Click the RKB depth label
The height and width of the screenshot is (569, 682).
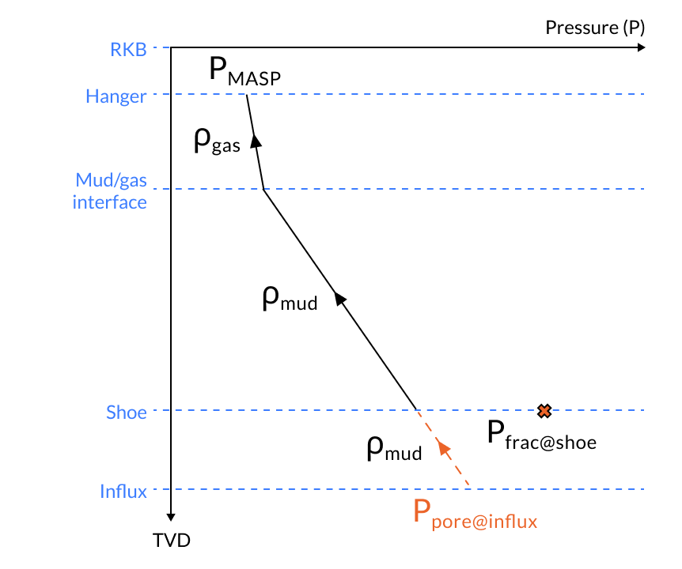pos(128,49)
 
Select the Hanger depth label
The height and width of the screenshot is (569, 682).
pos(116,97)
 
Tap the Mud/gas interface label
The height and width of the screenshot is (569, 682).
pos(110,190)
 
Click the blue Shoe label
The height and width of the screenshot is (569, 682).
pos(127,412)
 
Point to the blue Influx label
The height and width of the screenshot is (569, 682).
pos(123,491)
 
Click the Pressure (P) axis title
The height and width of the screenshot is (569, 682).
pos(595,28)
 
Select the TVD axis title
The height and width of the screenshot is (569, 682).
pos(172,541)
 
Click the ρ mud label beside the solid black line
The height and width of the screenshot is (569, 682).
pos(289,299)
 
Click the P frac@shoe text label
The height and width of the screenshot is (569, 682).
pos(541,435)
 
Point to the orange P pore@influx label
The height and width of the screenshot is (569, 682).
pos(476,514)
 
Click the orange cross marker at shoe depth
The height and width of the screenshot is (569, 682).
pos(544,410)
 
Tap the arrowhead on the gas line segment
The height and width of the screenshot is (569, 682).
pos(256,140)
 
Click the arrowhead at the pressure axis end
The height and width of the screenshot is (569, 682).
pos(641,48)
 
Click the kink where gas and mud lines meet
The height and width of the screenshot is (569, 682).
pos(263,190)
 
